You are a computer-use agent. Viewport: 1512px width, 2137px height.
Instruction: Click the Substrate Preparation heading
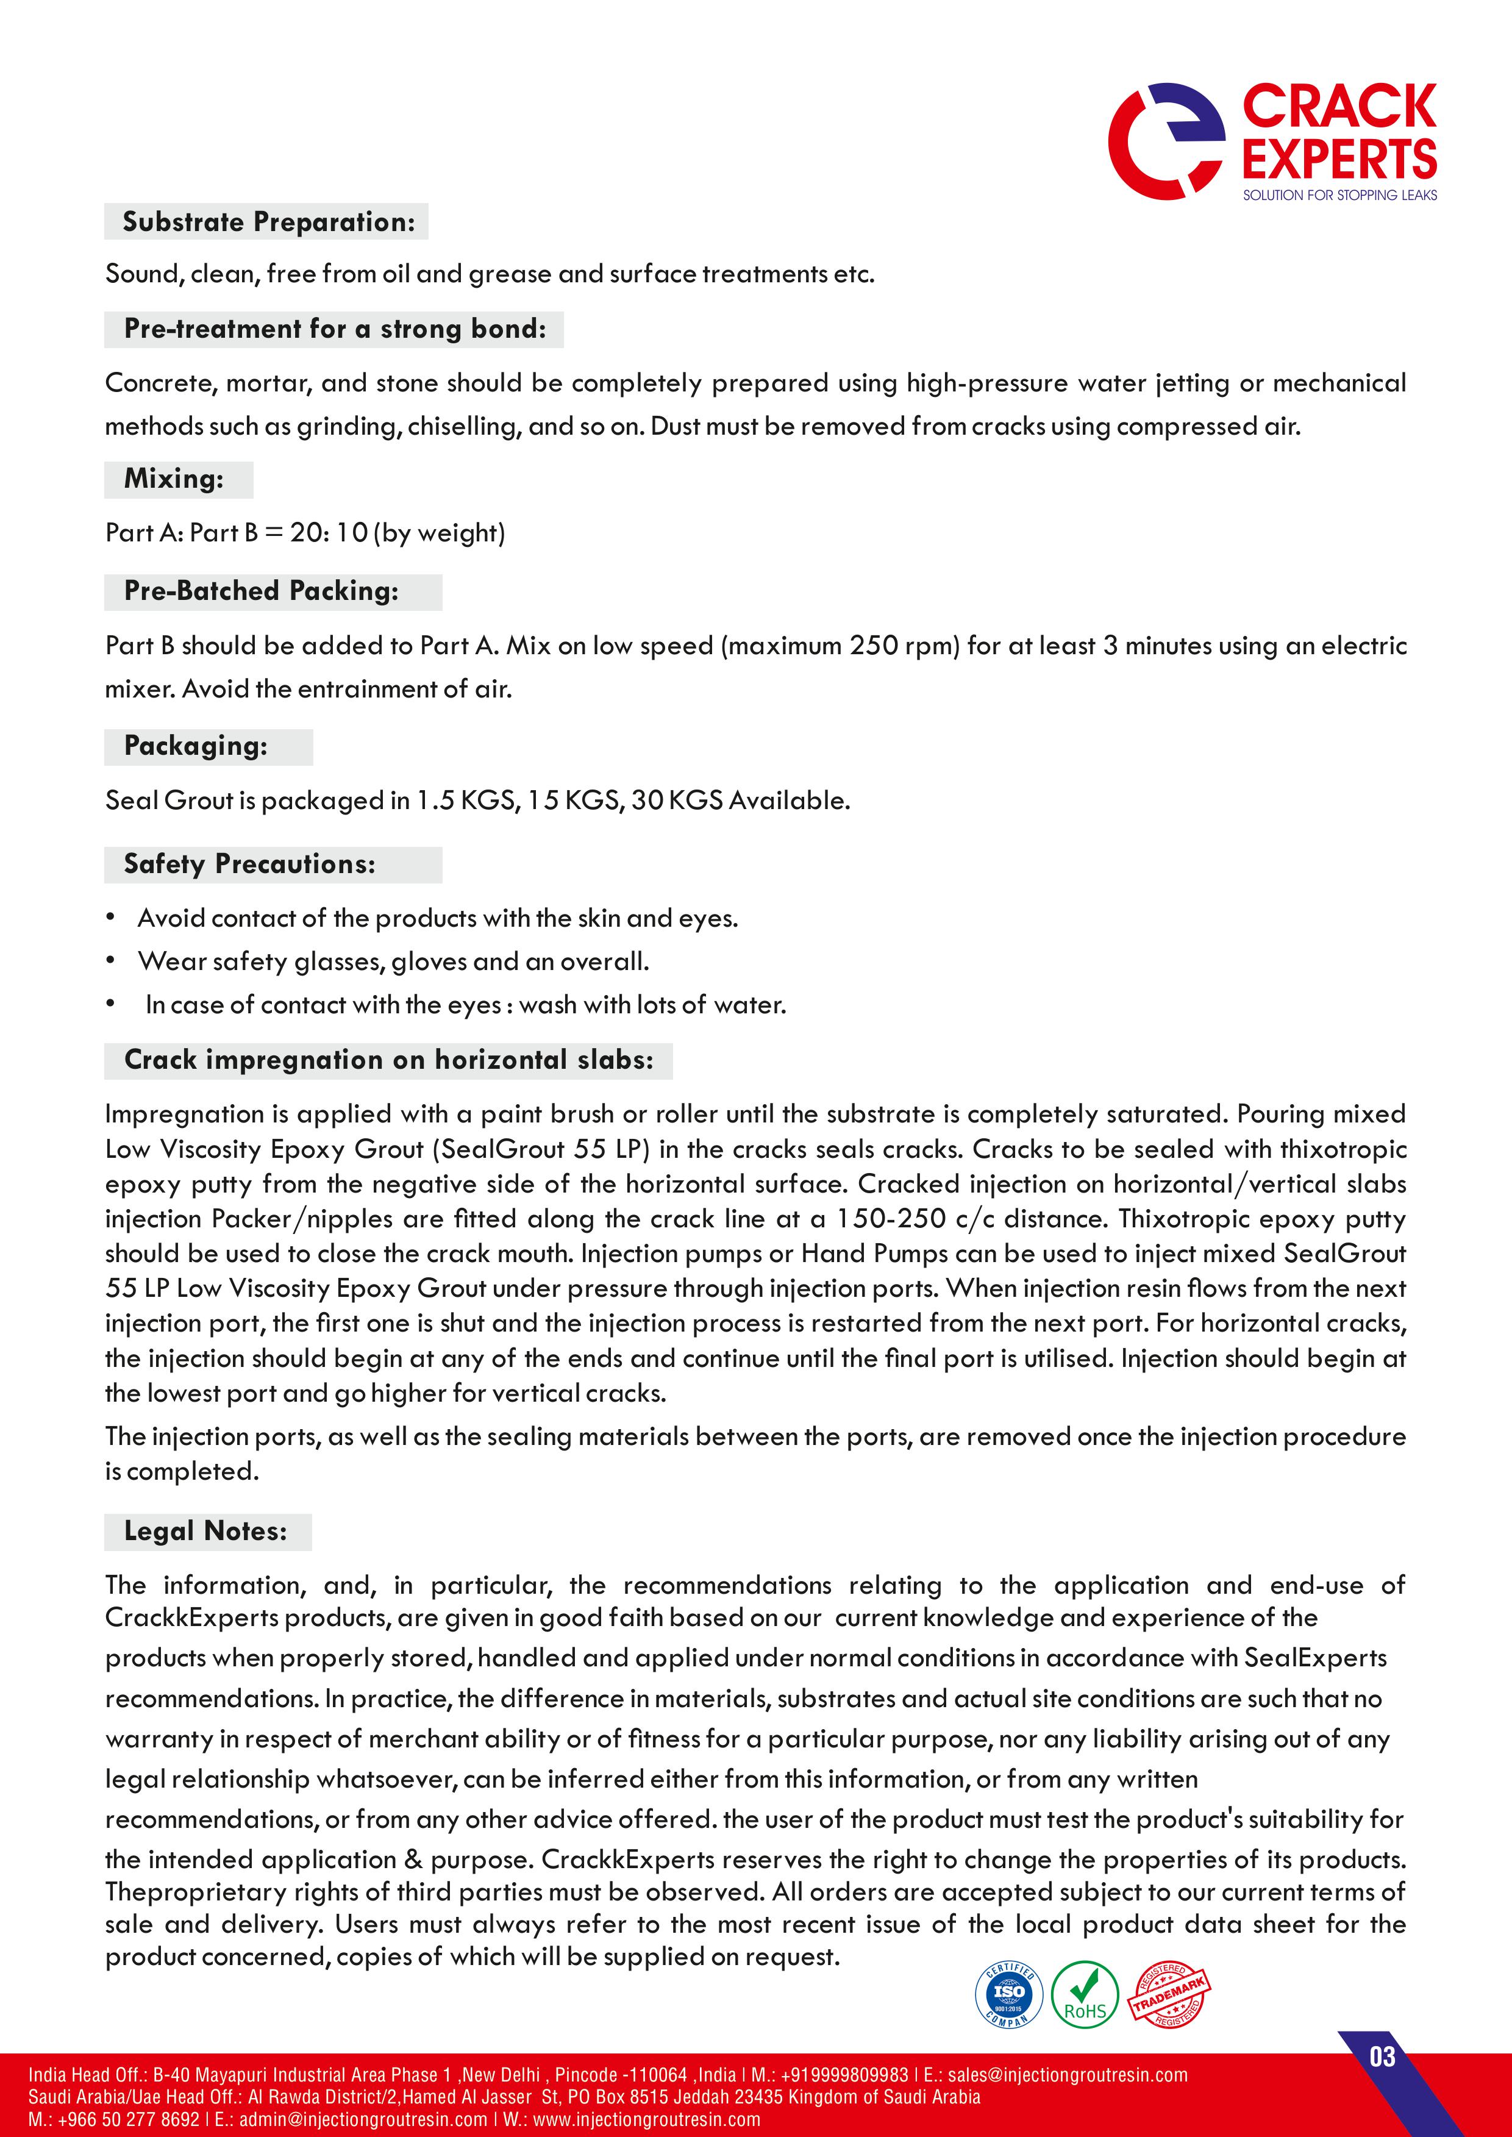268,221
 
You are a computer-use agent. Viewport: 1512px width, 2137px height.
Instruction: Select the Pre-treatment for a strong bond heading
335,329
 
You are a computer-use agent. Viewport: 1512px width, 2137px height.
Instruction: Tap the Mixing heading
174,479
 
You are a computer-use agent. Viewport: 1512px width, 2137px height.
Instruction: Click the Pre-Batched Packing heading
262,590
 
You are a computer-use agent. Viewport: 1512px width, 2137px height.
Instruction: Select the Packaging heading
196,746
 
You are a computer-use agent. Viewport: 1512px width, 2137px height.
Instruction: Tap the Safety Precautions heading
249,864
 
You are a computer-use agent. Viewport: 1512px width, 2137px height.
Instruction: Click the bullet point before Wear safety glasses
111,960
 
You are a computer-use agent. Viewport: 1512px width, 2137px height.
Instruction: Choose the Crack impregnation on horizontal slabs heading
388,1060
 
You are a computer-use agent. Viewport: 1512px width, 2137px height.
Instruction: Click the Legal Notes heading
205,1531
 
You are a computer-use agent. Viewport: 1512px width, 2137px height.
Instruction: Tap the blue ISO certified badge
1008,1994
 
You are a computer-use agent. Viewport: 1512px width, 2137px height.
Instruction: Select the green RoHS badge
1085,1994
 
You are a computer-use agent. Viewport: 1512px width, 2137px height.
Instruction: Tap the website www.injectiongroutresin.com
647,2119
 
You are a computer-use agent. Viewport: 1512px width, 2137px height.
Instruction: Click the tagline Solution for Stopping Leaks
1339,194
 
